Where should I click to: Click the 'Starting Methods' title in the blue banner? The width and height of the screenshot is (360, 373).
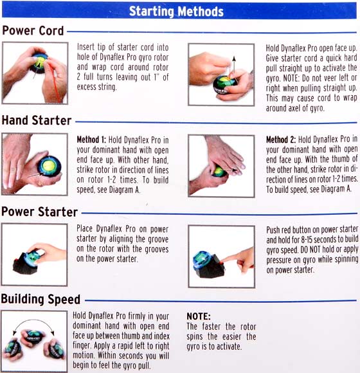176,11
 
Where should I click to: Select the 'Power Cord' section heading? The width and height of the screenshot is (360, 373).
33,31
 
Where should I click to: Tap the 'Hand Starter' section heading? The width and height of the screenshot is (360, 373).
37,120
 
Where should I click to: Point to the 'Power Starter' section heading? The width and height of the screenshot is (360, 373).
39,212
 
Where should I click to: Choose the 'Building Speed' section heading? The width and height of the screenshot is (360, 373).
40,299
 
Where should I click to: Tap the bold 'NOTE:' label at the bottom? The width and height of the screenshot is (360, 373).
199,316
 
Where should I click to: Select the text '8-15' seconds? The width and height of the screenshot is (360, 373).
306,239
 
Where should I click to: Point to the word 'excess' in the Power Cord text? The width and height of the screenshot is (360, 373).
86,87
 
